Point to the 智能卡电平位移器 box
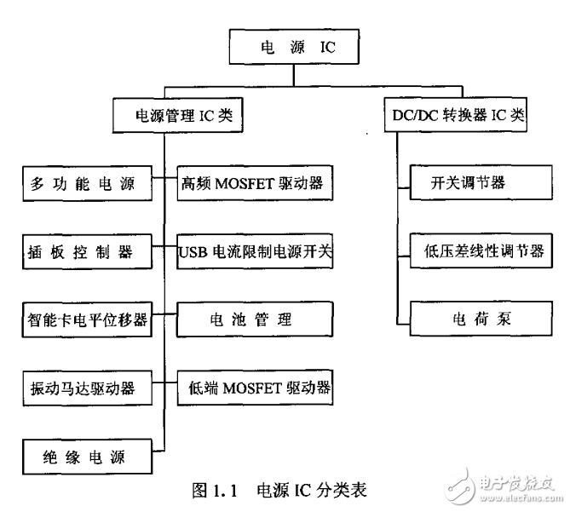83,321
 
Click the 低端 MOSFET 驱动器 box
253,389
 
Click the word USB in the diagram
193,253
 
